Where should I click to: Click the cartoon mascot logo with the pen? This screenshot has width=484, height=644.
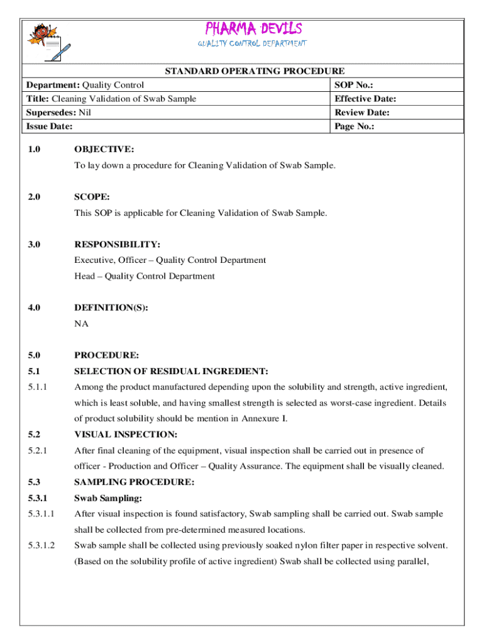coord(47,42)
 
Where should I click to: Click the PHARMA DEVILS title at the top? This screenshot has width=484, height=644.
coord(253,29)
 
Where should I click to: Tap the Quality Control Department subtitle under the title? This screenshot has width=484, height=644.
coord(252,44)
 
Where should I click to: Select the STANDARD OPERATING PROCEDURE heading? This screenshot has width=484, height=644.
coord(255,71)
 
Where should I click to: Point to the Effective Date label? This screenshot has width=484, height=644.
coord(365,99)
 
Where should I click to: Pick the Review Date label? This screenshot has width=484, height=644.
coord(362,113)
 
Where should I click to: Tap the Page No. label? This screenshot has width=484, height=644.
coord(355,126)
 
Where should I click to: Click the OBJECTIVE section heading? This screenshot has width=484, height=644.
coord(104,150)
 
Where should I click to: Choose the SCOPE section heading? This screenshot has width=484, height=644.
coord(92,197)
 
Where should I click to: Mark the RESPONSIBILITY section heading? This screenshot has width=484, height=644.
coord(117,244)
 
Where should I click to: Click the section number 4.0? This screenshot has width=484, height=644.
coord(34,308)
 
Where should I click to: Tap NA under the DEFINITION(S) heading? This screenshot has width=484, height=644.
coord(81,324)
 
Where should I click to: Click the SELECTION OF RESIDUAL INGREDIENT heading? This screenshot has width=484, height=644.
coord(171,371)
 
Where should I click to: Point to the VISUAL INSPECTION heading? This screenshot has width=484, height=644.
coord(126,434)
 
